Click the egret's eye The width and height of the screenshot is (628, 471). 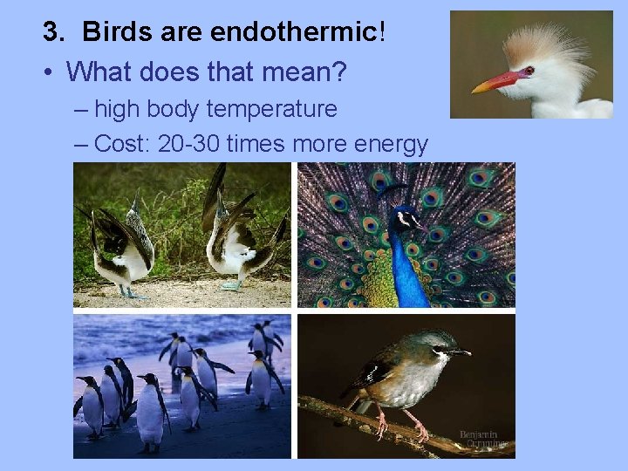pos(528,71)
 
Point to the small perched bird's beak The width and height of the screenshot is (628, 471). pos(461,352)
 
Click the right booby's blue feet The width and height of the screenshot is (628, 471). pos(229,285)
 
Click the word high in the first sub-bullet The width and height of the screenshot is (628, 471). pos(113,110)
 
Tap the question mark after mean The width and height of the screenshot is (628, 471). pos(338,72)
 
